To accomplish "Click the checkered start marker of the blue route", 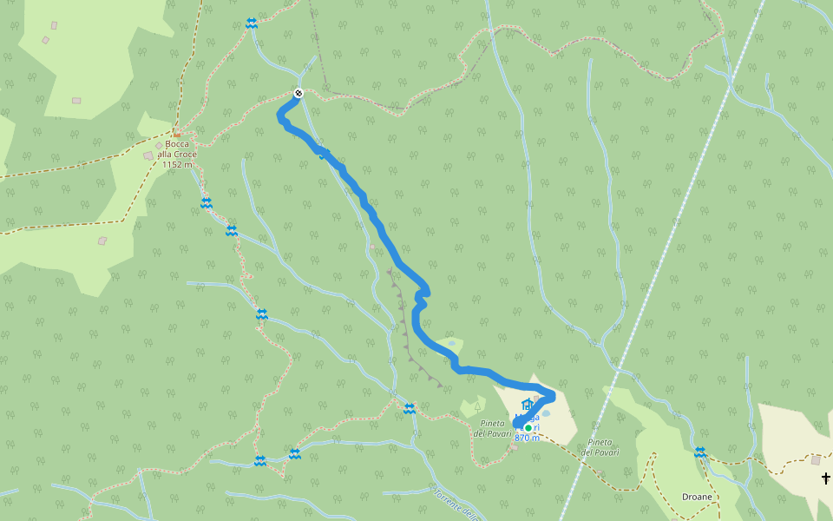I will pyautogui.click(x=298, y=93).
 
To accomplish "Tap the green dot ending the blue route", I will pyautogui.click(x=528, y=427).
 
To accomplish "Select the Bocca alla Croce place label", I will pyautogui.click(x=178, y=148).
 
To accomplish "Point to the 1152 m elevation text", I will pyautogui.click(x=177, y=164).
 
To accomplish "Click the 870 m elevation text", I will pyautogui.click(x=527, y=438).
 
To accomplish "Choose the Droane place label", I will pyautogui.click(x=697, y=497).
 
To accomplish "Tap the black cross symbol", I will pyautogui.click(x=825, y=478).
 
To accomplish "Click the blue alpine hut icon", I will pyautogui.click(x=526, y=405).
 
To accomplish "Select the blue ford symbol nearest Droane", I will pyautogui.click(x=699, y=452).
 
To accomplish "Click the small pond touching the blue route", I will pyautogui.click(x=451, y=344).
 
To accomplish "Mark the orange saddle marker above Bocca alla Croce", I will pyautogui.click(x=175, y=134).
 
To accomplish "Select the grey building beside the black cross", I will pyautogui.click(x=816, y=459).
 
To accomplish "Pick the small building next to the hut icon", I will pyautogui.click(x=536, y=399).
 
